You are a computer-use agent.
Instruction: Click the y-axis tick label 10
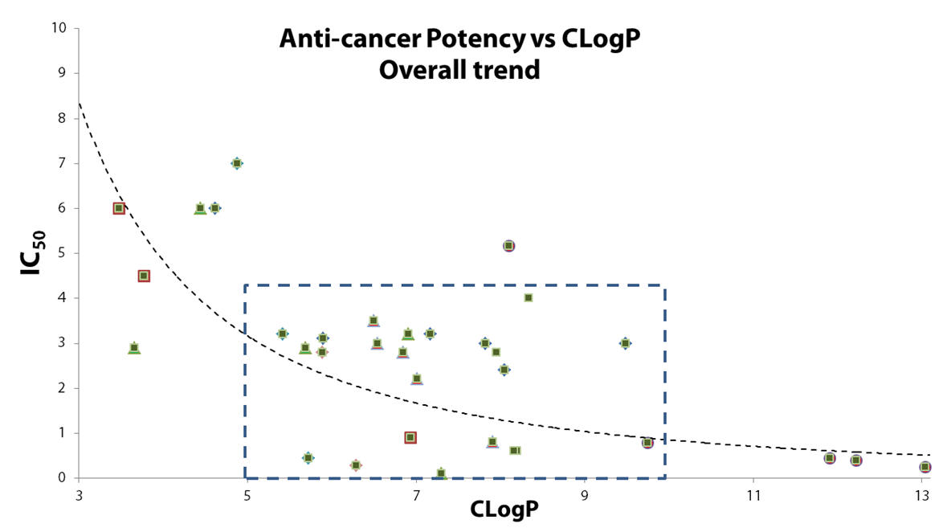59,27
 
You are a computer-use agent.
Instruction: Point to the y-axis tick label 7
61,163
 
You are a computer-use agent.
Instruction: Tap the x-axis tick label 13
922,495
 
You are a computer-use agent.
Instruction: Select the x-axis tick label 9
585,495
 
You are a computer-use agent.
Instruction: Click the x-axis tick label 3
79,495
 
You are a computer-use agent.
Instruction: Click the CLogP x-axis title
504,509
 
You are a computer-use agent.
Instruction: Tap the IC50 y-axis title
32,253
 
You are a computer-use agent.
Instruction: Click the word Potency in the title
475,39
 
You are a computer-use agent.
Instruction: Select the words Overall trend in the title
459,70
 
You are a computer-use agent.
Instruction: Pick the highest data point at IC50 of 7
237,163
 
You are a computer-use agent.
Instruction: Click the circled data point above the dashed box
508,246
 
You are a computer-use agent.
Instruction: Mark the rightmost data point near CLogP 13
925,467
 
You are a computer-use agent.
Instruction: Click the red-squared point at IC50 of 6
119,208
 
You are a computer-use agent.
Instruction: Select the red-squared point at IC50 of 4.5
144,276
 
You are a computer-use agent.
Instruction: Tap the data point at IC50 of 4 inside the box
528,298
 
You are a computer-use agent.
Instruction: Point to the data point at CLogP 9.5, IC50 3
626,343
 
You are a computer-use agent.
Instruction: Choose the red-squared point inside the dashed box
410,437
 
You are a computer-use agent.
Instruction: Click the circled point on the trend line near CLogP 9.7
647,443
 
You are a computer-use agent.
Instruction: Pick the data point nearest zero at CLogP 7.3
441,473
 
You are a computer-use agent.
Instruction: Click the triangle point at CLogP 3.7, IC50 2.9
134,348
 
